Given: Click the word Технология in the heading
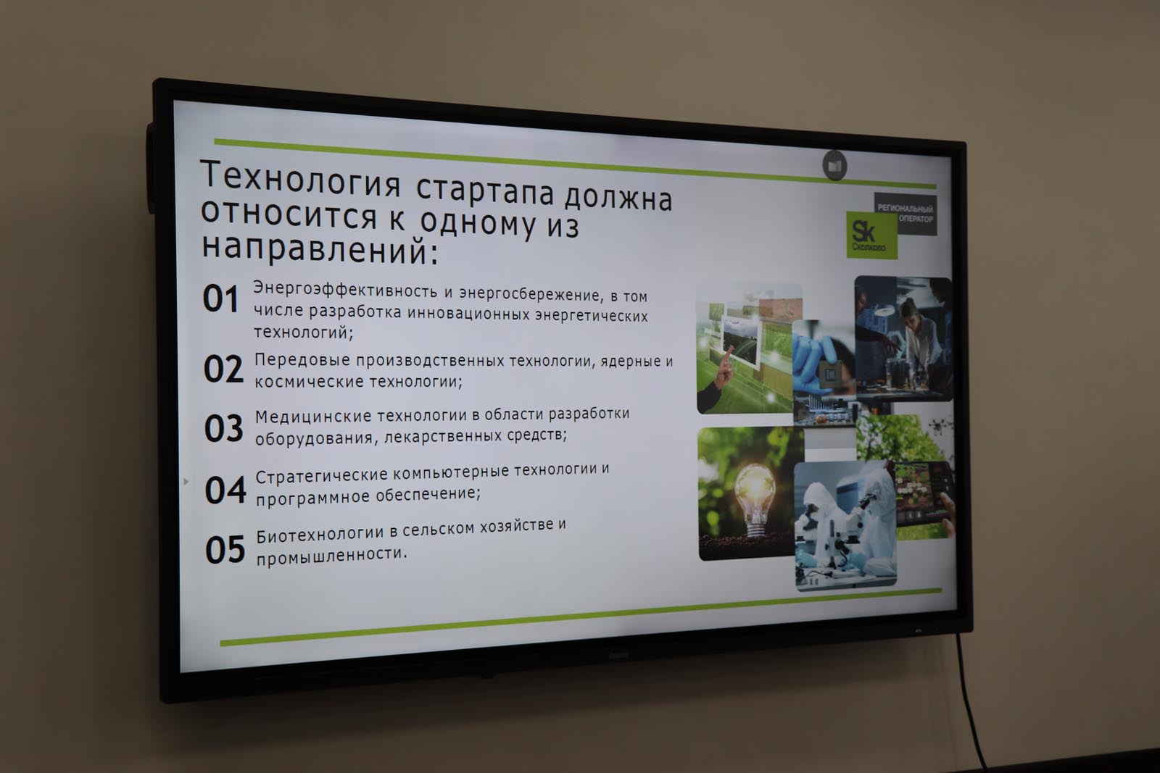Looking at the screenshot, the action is (x=300, y=179).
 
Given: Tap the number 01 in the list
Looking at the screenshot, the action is (x=220, y=298).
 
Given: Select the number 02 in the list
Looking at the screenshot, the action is (x=223, y=369).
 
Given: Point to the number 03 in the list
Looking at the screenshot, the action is (x=224, y=428).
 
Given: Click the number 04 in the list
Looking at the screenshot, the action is (x=225, y=490).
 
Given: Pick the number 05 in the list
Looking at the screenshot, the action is (x=225, y=549).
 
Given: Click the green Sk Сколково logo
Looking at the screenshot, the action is (x=872, y=235).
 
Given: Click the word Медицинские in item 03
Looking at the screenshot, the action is (x=313, y=417).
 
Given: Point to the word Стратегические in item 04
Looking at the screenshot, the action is (x=322, y=475).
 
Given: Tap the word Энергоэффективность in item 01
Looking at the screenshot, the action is (x=345, y=289).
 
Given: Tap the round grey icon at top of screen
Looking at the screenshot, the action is (x=834, y=166).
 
